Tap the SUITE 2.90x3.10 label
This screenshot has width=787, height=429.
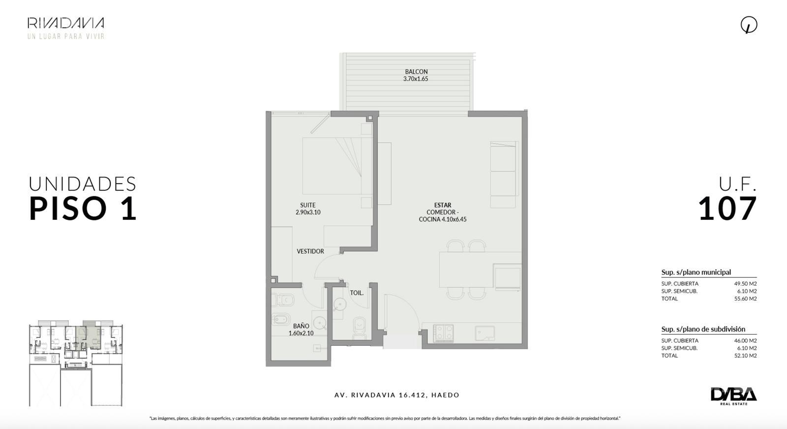pos(308,209)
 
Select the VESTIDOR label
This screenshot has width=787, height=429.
pos(310,251)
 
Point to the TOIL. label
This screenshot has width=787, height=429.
pos(357,293)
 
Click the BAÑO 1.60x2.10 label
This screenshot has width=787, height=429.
pos(301,330)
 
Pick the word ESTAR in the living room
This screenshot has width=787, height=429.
pos(443,205)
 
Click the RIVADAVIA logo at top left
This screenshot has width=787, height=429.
pos(66,28)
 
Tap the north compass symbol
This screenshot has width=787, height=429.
pos(749,25)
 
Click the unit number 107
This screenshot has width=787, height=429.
pos(727,209)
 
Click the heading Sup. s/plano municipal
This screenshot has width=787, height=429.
pos(696,272)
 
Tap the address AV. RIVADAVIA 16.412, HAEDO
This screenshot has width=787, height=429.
pos(396,395)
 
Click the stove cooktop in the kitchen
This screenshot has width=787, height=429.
pos(443,333)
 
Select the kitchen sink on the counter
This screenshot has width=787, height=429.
pos(484,333)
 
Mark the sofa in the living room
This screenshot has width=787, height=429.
pos(504,174)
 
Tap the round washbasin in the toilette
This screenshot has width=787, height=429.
pos(340,304)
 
